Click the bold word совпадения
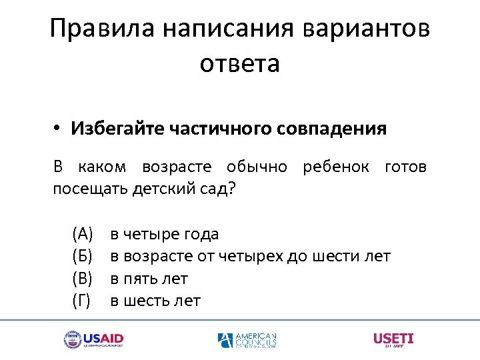click(334, 128)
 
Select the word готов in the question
click(405, 167)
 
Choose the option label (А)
click(83, 234)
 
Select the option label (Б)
click(83, 256)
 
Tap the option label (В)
click(83, 279)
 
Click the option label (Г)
click(81, 301)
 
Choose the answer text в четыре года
click(165, 234)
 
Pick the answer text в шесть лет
click(155, 301)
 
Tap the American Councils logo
click(247, 340)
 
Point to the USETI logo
click(394, 339)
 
